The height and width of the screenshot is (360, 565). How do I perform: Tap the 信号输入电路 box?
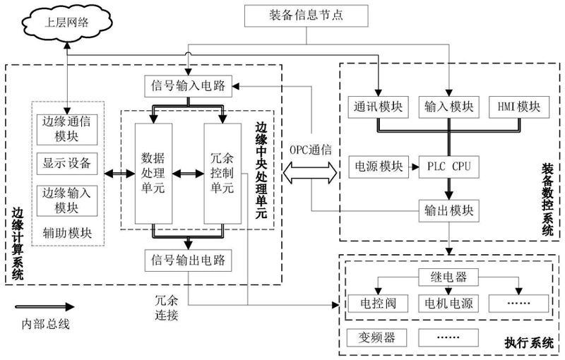[188, 87]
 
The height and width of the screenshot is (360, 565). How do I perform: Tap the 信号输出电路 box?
[188, 259]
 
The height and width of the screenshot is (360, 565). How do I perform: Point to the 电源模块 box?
[377, 167]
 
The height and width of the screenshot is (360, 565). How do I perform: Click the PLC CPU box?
[447, 167]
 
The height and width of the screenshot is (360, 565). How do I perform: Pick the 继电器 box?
[448, 274]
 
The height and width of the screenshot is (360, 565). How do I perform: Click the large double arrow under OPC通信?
[309, 173]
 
